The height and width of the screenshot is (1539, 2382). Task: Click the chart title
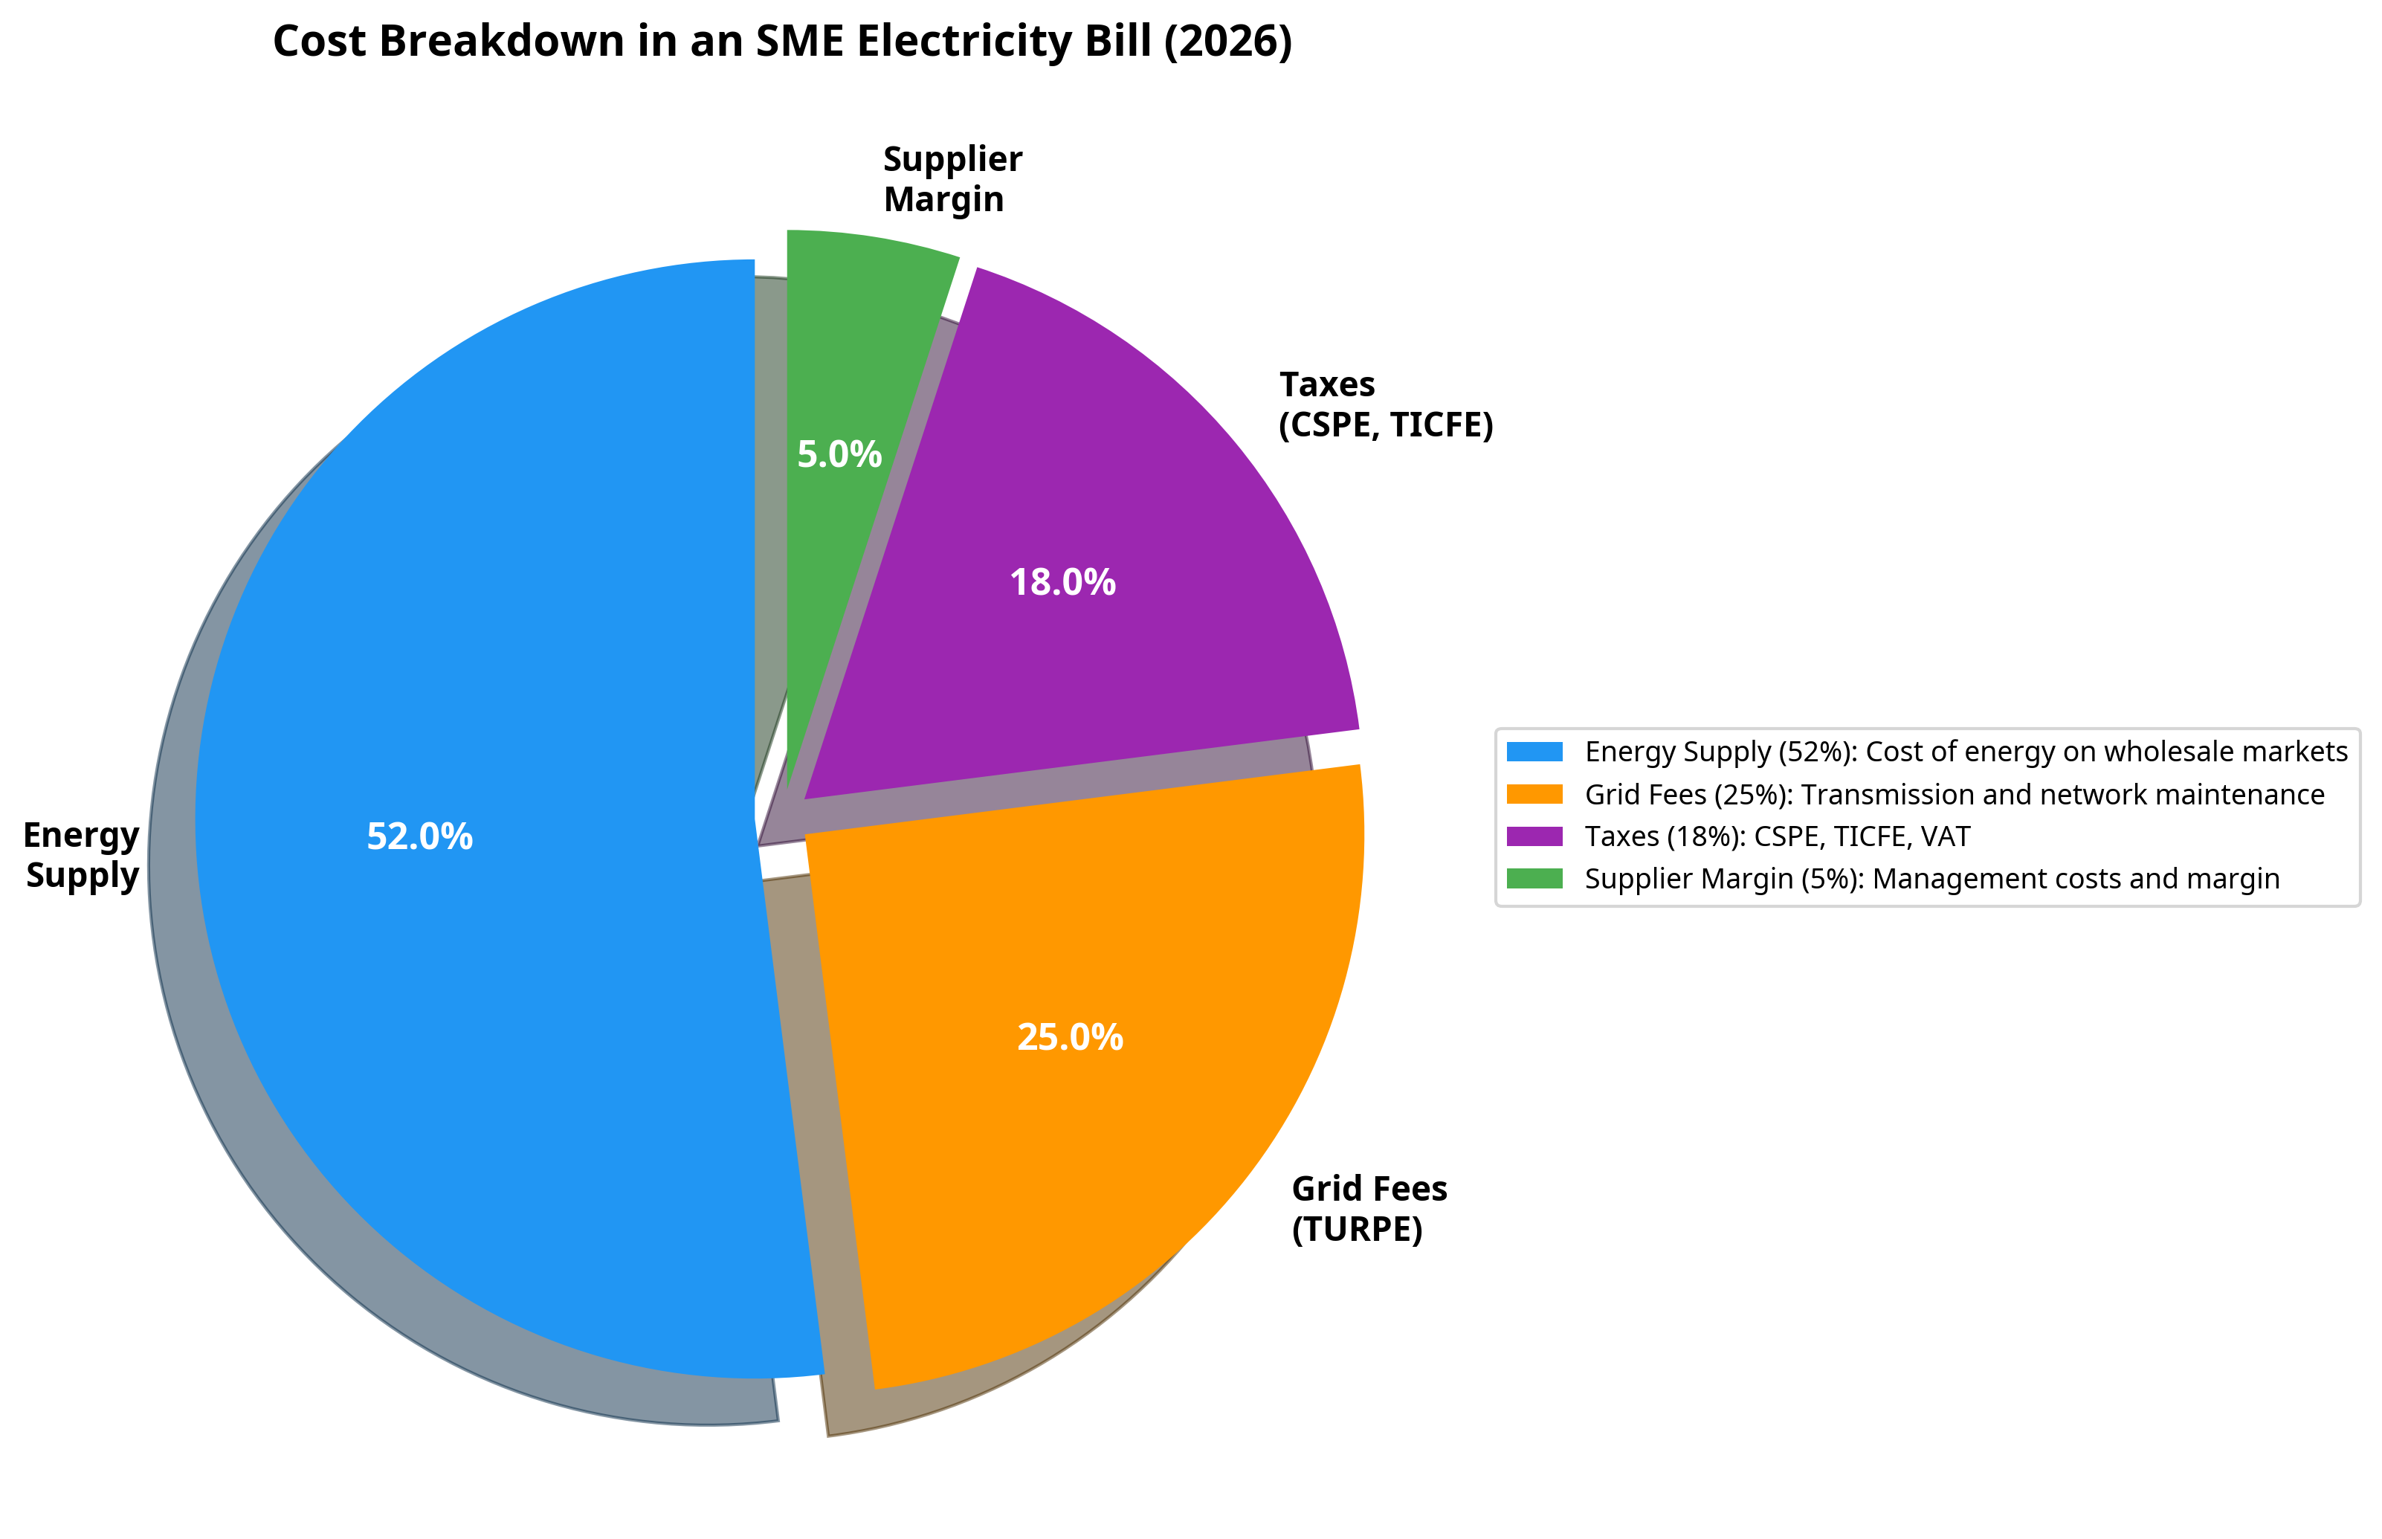click(x=782, y=42)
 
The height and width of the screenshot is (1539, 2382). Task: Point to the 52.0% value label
click(x=419, y=836)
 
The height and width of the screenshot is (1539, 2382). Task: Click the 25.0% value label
click(x=1070, y=1039)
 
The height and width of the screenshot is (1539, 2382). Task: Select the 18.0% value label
click(x=1062, y=583)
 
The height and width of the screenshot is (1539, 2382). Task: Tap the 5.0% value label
click(x=839, y=455)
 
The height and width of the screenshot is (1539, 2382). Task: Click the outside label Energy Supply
click(x=82, y=854)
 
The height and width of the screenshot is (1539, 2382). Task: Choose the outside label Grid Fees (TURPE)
click(x=1369, y=1208)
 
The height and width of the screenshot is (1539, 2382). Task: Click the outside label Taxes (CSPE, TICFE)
click(x=1386, y=404)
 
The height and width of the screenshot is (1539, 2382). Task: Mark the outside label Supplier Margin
click(x=952, y=179)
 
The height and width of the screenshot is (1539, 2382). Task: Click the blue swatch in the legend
click(x=1534, y=752)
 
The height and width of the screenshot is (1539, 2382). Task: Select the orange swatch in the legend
click(x=1534, y=795)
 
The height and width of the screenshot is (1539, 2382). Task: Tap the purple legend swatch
click(x=1534, y=836)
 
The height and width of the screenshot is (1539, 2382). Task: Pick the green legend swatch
click(x=1534, y=879)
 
